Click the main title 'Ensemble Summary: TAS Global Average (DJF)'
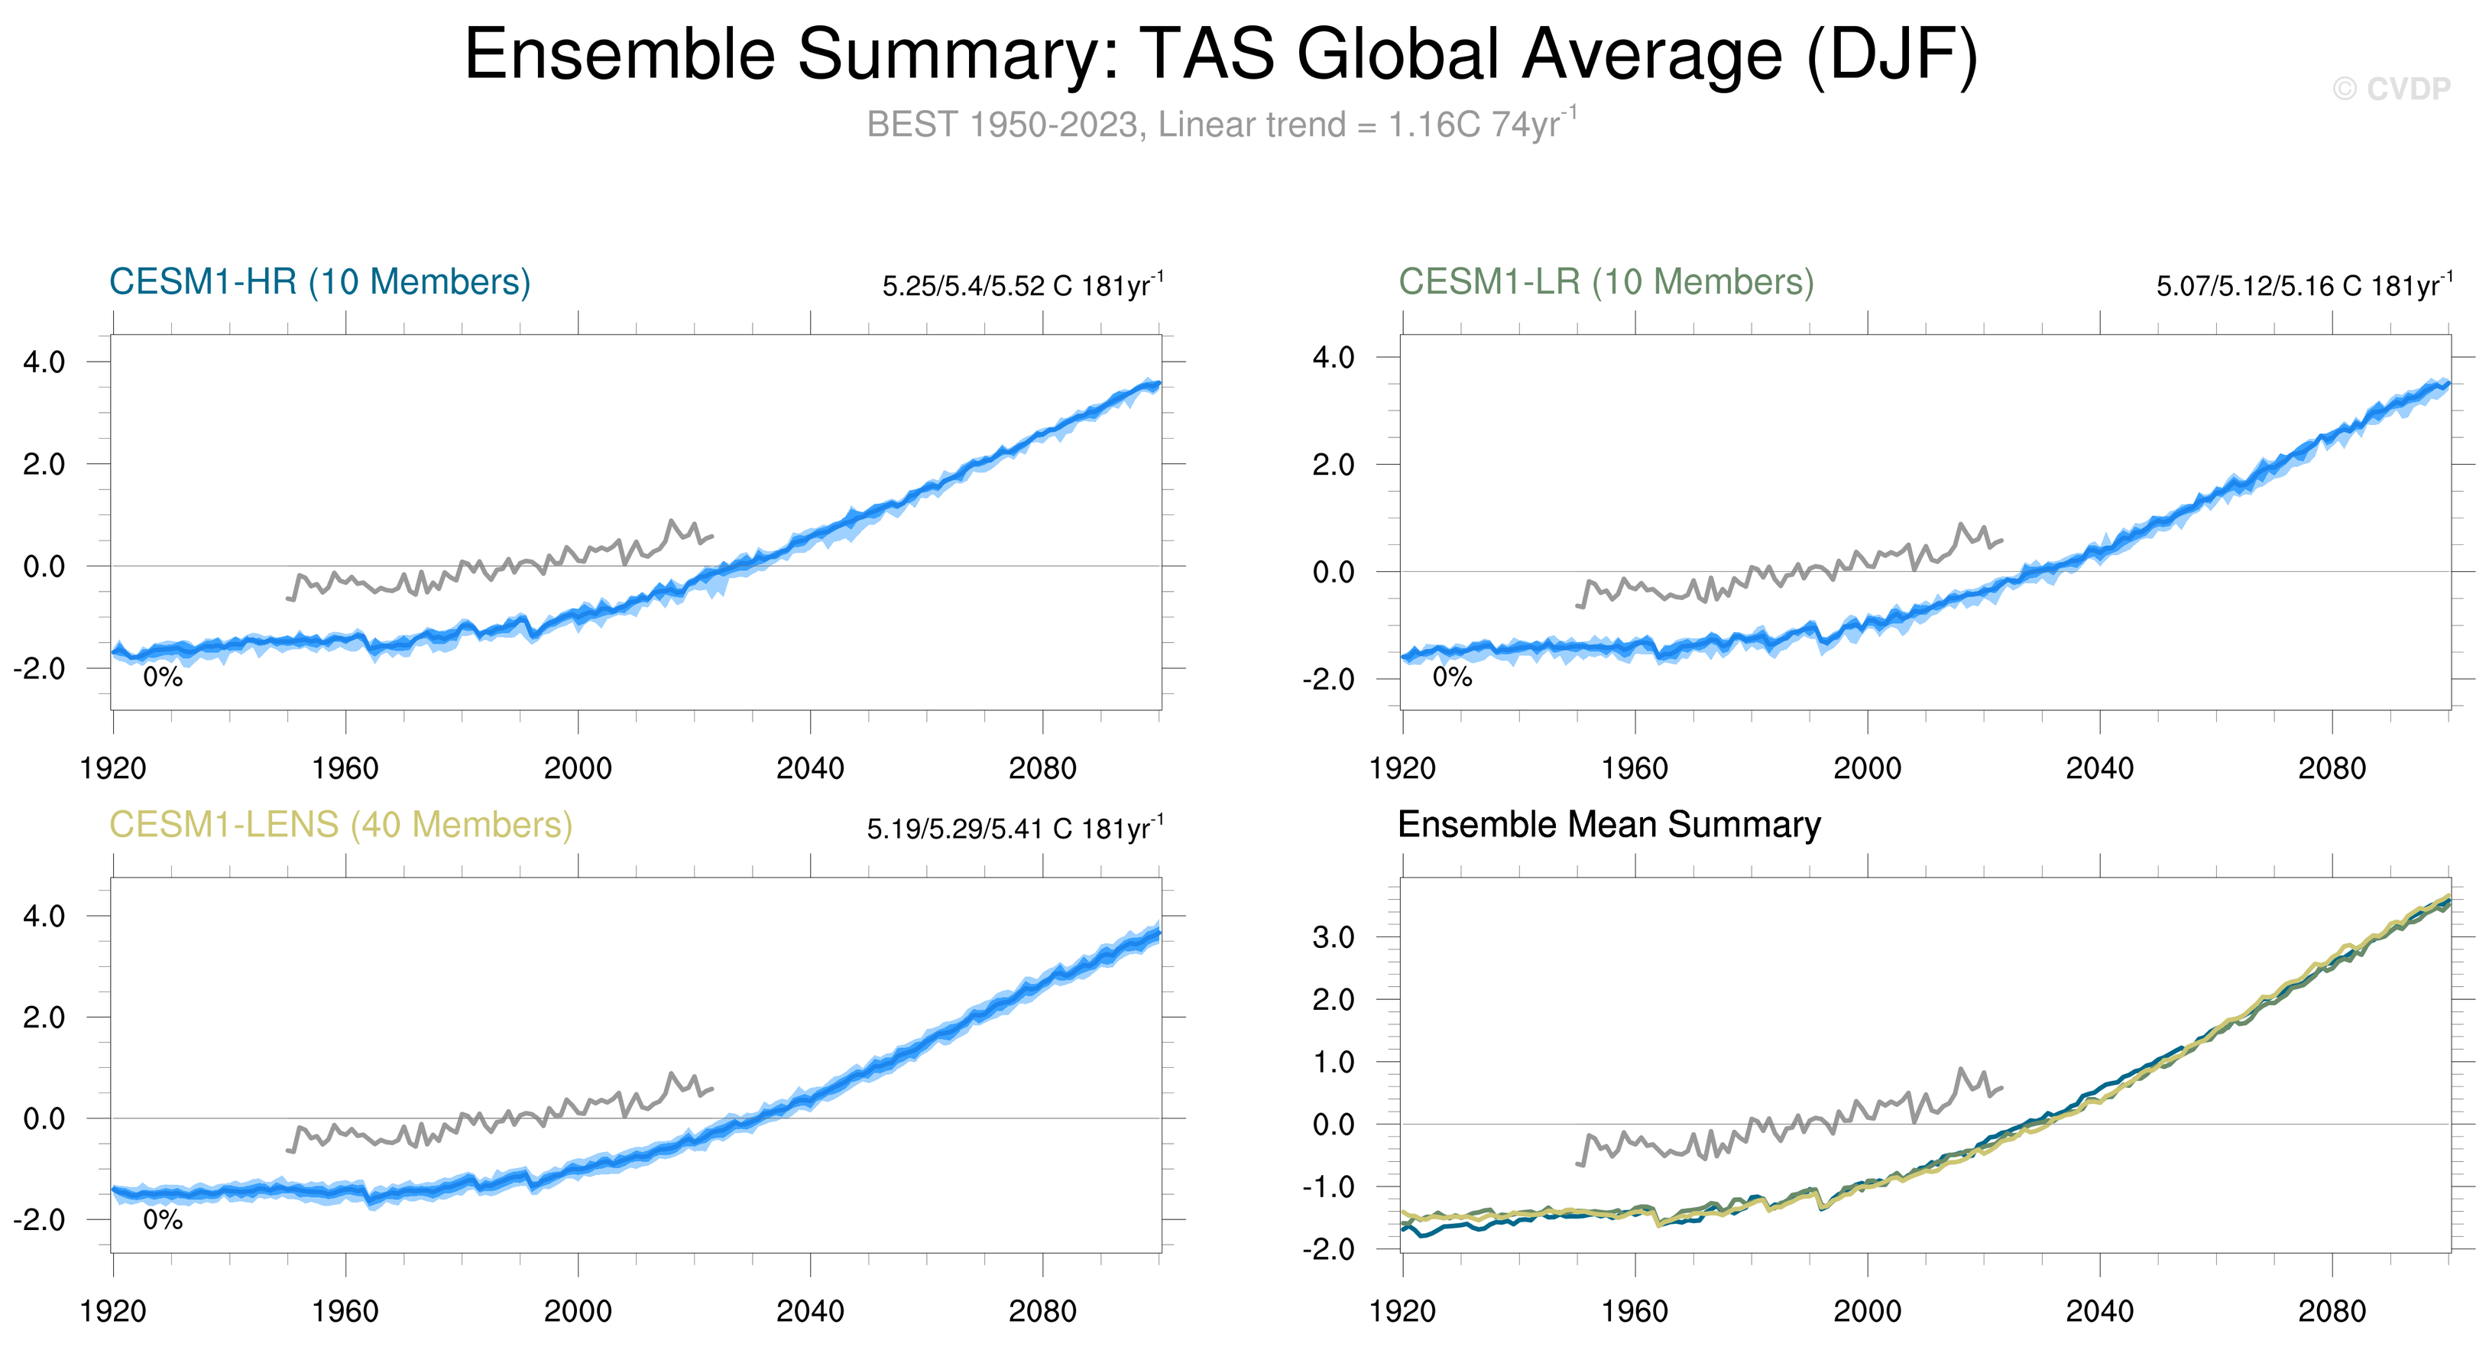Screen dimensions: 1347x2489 1221,54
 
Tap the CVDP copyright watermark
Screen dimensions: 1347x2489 2391,89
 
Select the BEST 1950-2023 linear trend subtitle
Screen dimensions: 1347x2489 1221,125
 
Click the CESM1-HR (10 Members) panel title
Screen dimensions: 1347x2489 320,282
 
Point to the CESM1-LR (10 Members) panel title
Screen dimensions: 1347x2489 1606,282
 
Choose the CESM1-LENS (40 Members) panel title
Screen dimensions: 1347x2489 340,825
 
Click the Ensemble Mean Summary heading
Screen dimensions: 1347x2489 1609,825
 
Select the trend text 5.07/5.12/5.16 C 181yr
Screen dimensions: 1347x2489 2303,286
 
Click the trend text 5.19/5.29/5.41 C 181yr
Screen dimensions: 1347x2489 1015,829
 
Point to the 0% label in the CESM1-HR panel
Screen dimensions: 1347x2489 162,677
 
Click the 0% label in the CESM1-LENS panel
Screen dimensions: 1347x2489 162,1220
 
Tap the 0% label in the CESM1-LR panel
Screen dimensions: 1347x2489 1452,677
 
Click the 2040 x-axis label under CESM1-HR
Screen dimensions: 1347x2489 810,769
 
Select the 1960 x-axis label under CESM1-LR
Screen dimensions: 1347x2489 1635,769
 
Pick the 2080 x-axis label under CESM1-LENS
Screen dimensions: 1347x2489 1042,1312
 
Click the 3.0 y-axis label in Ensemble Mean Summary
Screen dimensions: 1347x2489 1334,937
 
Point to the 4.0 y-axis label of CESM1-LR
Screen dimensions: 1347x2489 1334,358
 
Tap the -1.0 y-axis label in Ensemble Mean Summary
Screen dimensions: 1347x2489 1328,1186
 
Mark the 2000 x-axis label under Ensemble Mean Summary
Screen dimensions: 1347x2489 1867,1312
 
